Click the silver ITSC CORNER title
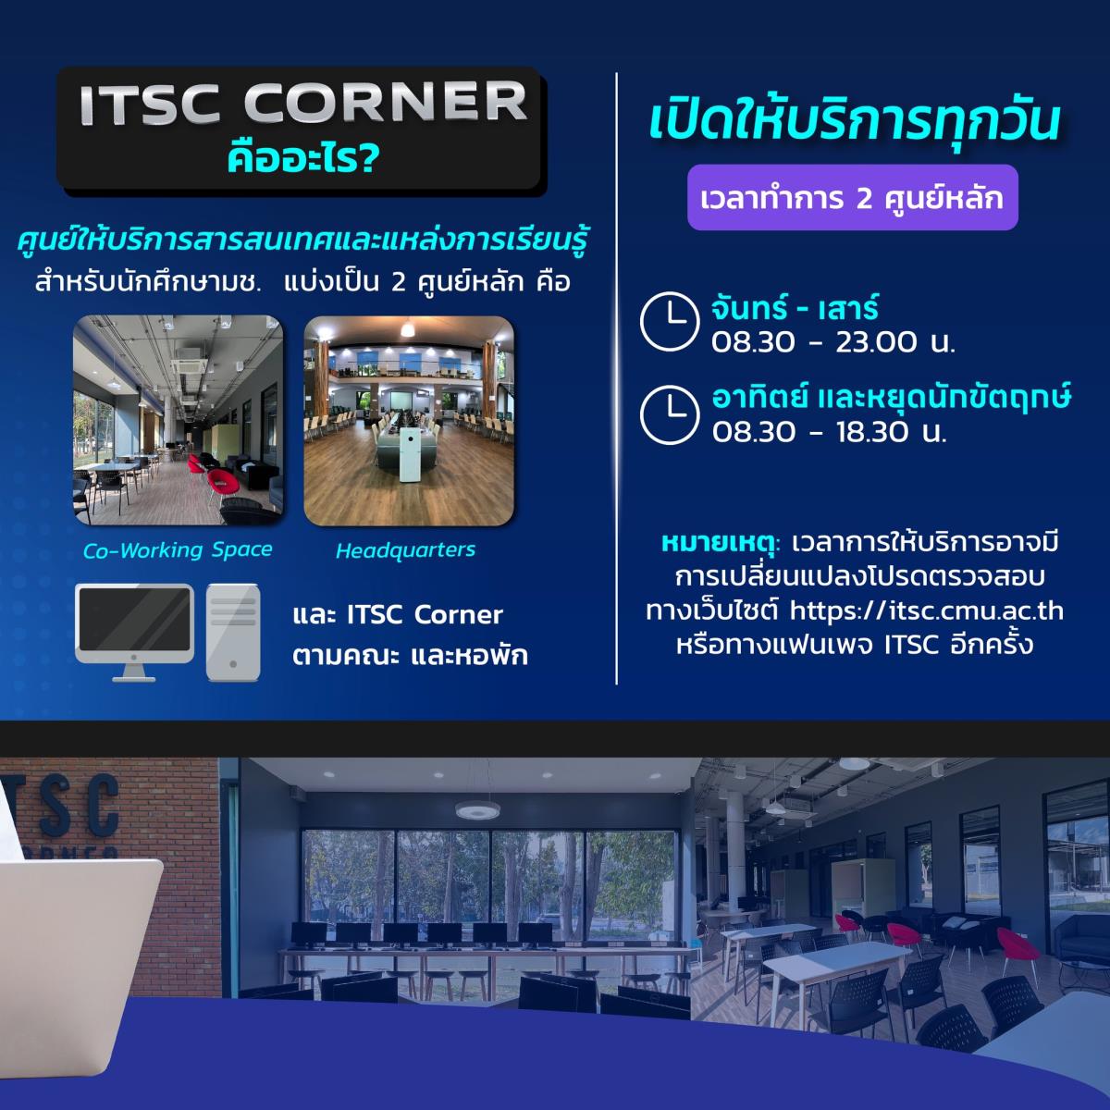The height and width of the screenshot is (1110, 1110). point(303,103)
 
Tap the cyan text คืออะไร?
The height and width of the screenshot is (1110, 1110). point(303,158)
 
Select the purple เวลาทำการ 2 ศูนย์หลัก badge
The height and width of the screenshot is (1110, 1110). point(853,198)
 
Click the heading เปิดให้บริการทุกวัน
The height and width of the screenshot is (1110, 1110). point(855,120)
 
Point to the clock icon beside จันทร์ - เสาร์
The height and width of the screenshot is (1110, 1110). point(670,321)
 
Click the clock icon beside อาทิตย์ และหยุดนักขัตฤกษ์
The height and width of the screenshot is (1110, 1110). point(670,414)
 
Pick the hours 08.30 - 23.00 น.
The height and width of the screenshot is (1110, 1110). point(832,342)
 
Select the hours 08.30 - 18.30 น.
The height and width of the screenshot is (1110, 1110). point(829,431)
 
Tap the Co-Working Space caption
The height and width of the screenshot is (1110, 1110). point(178,550)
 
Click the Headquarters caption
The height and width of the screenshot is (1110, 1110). point(405,550)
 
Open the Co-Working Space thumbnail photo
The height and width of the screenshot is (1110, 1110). point(178,420)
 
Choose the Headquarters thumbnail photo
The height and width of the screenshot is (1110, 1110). point(409,420)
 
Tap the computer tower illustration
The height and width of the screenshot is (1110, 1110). point(233,633)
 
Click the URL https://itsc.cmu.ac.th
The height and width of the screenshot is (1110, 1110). point(926,610)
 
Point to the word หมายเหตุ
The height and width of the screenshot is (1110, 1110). point(721,543)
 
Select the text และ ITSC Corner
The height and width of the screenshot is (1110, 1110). point(398,614)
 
